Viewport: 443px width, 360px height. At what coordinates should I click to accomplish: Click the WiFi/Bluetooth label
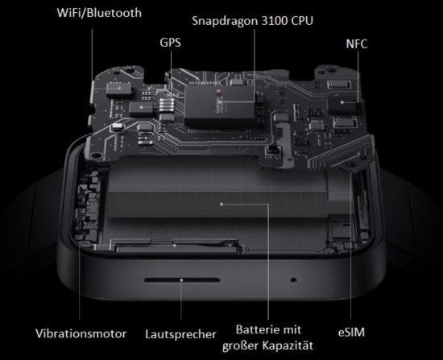click(x=99, y=13)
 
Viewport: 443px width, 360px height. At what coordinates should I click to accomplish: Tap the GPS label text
click(x=170, y=43)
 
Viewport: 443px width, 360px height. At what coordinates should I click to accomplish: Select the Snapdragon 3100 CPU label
click(x=253, y=21)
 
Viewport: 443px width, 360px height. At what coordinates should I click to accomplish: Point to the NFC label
click(x=357, y=43)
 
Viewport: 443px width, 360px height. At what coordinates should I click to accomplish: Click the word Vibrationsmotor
click(x=81, y=333)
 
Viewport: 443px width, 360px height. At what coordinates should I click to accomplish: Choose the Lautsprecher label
click(x=180, y=334)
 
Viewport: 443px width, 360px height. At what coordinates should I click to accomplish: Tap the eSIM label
click(x=351, y=333)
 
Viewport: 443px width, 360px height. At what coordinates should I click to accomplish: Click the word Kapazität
click(x=288, y=346)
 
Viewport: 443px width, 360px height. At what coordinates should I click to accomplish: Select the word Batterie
click(x=256, y=329)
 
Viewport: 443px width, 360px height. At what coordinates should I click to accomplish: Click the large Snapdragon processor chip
click(x=221, y=106)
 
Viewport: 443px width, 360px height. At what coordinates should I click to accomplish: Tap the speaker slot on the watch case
click(x=182, y=280)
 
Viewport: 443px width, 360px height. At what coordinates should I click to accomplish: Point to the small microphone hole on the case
click(x=293, y=280)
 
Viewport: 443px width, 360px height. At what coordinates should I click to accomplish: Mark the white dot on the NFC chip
click(x=342, y=102)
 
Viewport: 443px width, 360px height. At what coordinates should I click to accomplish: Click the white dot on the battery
click(x=221, y=204)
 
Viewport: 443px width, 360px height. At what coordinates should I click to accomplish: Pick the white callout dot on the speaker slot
click(x=182, y=280)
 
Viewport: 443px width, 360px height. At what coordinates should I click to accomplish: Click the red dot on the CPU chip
click(x=218, y=92)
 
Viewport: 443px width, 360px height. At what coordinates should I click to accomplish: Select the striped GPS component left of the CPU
click(x=167, y=106)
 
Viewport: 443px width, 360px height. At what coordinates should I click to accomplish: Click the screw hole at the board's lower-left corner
click(x=97, y=155)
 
